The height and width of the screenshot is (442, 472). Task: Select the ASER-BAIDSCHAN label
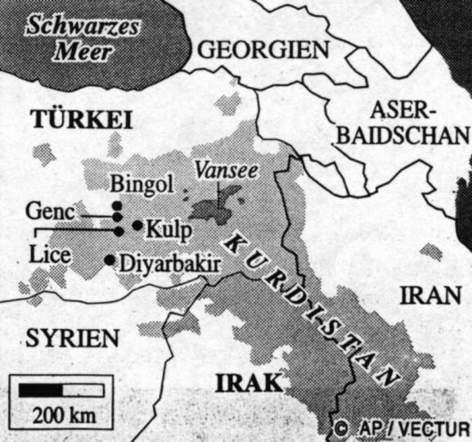point(420,122)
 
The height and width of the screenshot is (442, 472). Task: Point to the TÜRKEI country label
point(82,120)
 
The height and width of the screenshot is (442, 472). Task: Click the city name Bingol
point(141,184)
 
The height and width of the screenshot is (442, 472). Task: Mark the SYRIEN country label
point(71,337)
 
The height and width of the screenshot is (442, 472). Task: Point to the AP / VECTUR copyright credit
point(402,428)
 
